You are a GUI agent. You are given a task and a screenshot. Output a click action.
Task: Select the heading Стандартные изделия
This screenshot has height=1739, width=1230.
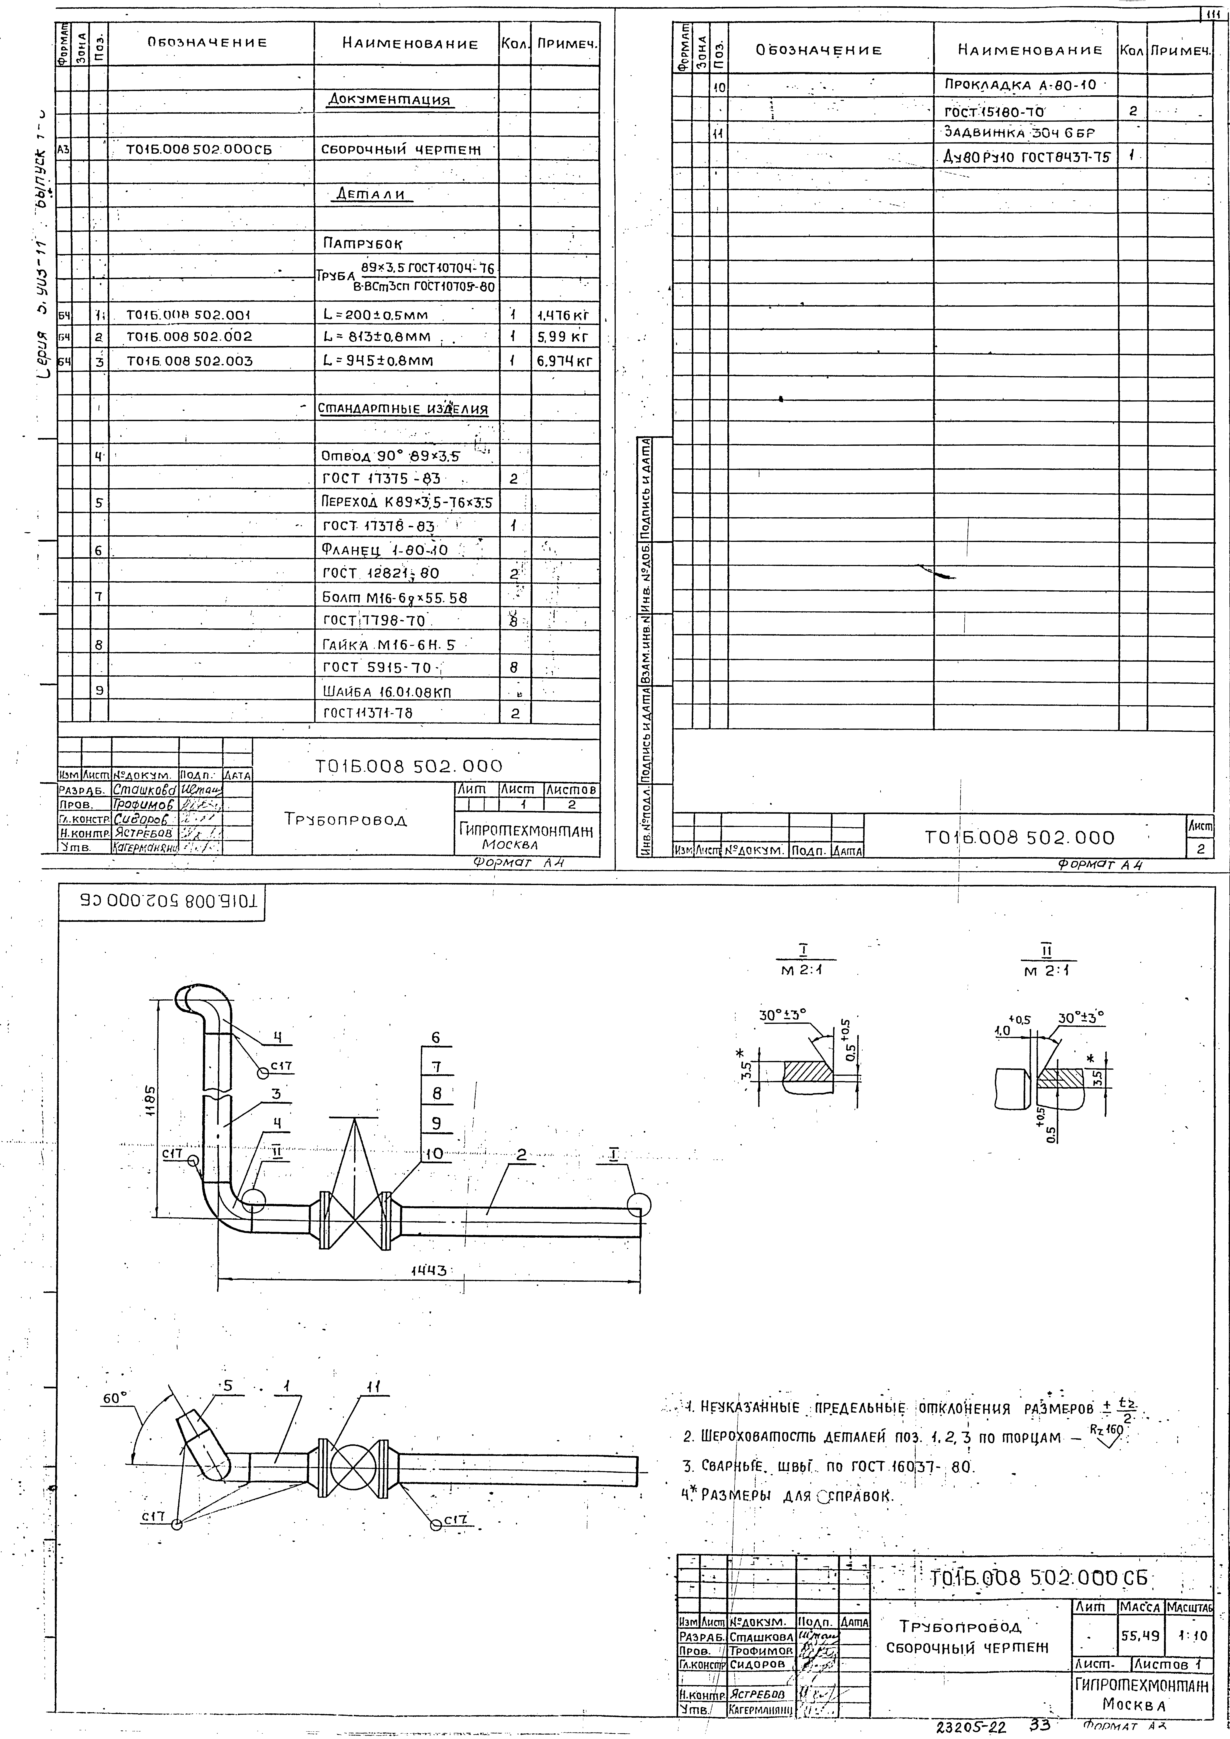pyautogui.click(x=403, y=410)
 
